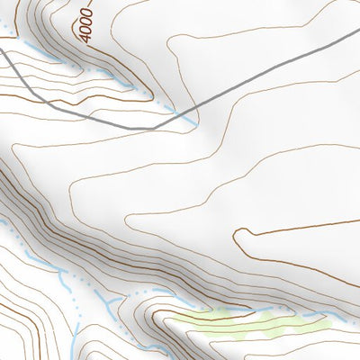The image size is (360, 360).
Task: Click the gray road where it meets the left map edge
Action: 2,51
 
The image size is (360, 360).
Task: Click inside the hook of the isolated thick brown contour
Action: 247,240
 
